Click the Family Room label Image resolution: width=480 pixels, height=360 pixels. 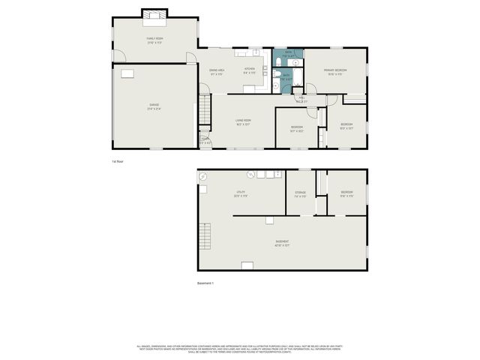pos(154,40)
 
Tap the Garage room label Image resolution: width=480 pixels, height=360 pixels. pos(154,107)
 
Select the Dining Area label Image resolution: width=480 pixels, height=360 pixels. pos(217,71)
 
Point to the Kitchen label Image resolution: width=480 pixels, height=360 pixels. pos(250,71)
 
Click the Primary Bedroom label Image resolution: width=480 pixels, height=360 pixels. pos(334,71)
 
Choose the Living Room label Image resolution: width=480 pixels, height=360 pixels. pos(243,121)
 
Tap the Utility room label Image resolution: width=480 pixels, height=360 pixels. pos(241,193)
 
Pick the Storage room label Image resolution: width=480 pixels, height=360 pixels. pos(300,193)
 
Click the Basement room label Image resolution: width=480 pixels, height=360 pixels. pos(282,244)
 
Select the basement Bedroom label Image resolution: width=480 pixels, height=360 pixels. pos(346,193)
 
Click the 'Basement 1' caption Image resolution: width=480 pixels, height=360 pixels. pos(205,283)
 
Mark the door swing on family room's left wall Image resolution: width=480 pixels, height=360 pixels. pos(118,55)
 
